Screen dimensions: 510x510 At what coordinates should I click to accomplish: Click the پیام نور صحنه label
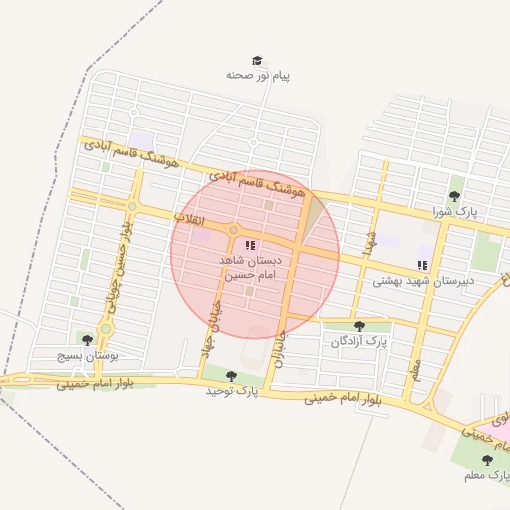[258, 75]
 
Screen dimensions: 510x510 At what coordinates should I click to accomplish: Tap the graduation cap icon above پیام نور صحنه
[258, 61]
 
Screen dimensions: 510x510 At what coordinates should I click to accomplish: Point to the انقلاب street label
[188, 216]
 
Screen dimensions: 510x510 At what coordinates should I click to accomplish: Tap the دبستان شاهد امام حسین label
[250, 266]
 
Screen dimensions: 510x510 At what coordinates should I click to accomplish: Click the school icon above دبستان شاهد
[250, 244]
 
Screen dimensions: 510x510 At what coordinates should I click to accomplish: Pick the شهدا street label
[369, 242]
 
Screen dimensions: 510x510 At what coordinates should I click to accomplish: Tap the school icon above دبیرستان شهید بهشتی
[423, 265]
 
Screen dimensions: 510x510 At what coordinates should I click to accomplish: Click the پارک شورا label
[455, 212]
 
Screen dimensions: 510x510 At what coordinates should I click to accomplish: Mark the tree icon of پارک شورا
[455, 196]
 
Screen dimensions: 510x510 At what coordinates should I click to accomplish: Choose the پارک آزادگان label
[359, 342]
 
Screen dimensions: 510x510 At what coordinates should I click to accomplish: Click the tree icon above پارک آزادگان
[359, 326]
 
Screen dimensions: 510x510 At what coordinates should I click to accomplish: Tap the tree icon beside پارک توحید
[232, 376]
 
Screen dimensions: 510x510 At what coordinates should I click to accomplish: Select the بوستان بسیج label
[88, 355]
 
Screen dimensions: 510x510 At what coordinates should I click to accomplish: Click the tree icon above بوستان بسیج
[87, 340]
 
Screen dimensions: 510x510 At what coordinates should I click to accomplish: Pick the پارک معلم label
[486, 475]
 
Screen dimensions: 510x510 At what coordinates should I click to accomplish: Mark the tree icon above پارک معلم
[486, 460]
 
